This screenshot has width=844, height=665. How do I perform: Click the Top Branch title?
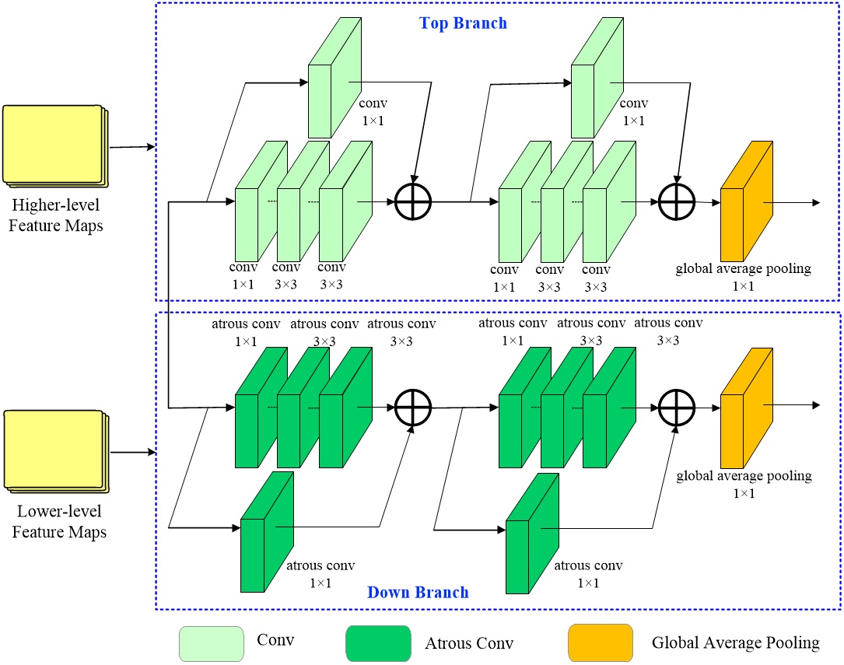coord(463,23)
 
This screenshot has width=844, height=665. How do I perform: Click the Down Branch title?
coord(418,593)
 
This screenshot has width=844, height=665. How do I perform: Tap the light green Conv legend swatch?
coord(212,642)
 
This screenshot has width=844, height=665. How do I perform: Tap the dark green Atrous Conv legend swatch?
coord(378,642)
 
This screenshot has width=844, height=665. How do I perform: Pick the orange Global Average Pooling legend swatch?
coord(600,642)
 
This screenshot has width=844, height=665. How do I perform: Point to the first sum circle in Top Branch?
coord(412,202)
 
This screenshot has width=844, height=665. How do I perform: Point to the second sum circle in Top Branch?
coord(676,202)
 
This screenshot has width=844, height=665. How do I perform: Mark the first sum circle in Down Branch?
coord(412,406)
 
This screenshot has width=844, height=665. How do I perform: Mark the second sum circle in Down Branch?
coord(676,406)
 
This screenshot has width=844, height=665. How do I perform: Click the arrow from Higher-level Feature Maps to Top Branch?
coord(132,145)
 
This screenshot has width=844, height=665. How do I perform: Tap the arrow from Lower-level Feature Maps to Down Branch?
coord(132,450)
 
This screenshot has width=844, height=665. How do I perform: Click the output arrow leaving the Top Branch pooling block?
coord(793,202)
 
